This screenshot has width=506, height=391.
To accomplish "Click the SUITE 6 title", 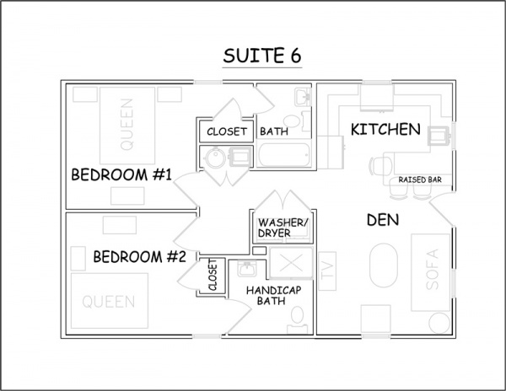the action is (262, 56).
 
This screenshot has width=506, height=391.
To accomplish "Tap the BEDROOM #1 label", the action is (121, 174).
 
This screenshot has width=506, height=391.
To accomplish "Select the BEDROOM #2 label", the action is (140, 257).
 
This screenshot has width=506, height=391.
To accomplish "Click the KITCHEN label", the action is (385, 129).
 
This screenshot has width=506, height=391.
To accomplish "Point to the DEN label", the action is (383, 220).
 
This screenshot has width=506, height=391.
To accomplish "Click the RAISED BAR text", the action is (420, 179).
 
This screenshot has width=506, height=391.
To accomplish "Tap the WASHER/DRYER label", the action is (283, 228).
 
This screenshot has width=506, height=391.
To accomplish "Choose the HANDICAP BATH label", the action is (273, 296).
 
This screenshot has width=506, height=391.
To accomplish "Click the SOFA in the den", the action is (430, 272).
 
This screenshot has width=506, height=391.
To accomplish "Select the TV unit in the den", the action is (327, 270).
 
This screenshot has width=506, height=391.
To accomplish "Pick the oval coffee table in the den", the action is (384, 265).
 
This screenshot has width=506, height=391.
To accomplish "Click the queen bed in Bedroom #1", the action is (127, 126).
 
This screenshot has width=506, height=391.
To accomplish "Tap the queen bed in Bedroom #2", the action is (110, 301).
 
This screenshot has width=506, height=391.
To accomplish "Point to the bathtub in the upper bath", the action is (284, 155).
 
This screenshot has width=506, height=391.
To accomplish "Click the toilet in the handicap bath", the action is (297, 319).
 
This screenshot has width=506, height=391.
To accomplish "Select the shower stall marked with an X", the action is (291, 263).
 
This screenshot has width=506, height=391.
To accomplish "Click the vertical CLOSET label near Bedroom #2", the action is (213, 275).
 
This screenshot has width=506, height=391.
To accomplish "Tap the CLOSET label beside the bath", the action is (227, 131).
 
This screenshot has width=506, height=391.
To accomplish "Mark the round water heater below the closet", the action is (215, 158).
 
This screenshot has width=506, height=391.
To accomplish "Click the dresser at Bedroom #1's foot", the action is (127, 195).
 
